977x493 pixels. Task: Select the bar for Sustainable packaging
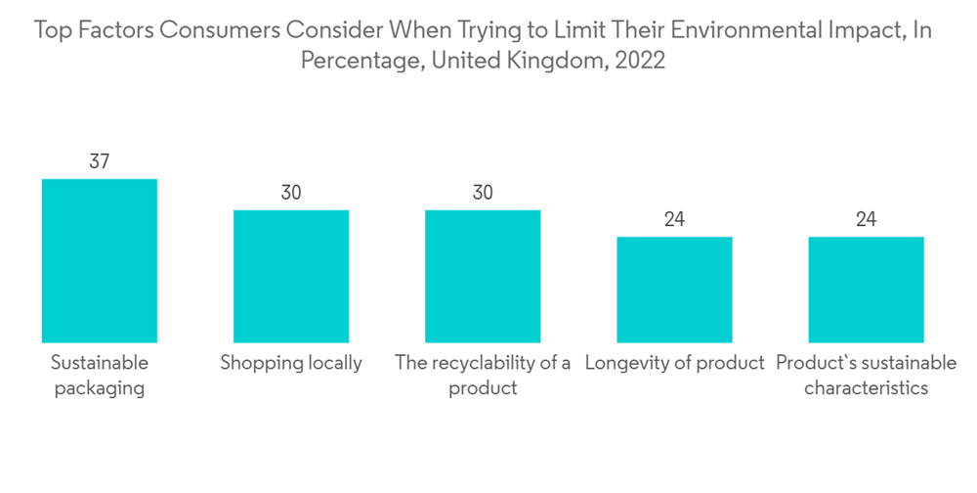pos(100,260)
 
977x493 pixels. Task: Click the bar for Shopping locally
pos(291,276)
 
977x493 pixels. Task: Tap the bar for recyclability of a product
pos(483,276)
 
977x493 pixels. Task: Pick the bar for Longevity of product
pos(674,290)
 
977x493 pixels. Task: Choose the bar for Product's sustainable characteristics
pos(866,290)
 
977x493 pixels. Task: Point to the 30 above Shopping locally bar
pos(291,193)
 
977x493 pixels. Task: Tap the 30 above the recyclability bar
pos(483,193)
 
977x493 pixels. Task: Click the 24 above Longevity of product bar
pos(674,219)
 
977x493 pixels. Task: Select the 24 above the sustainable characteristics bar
pos(866,219)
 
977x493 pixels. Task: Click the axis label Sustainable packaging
pos(100,375)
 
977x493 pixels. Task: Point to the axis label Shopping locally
pos(291,363)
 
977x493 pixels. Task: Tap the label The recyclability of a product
pos(483,375)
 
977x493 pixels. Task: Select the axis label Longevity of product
pos(674,363)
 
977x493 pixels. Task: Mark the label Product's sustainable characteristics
pos(866,375)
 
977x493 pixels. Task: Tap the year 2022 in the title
pos(641,61)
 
